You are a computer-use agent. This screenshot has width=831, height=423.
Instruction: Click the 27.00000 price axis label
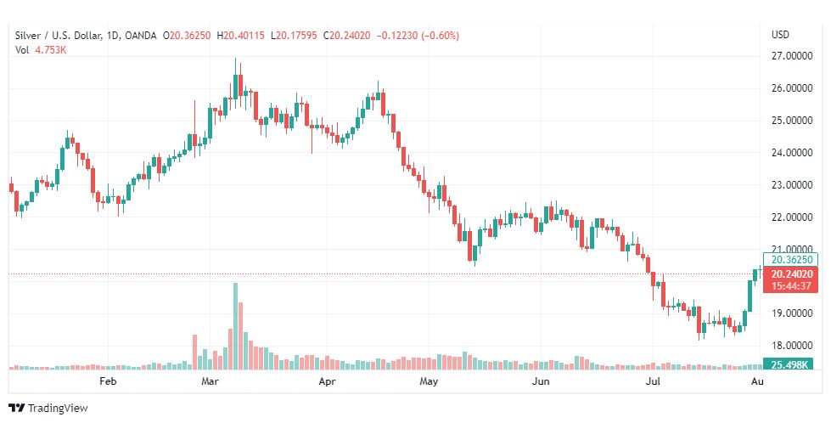791,57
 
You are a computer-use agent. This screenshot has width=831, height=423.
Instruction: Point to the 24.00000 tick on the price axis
791,153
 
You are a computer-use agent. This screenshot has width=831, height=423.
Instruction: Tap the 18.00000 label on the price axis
791,346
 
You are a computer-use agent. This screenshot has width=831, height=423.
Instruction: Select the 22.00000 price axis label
791,217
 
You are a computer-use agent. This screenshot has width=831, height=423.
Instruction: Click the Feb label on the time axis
107,382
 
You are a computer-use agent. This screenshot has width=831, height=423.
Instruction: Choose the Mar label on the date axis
210,382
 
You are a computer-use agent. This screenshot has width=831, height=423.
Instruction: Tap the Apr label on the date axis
327,382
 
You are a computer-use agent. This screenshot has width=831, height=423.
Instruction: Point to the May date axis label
429,382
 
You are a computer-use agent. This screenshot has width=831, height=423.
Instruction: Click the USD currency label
780,35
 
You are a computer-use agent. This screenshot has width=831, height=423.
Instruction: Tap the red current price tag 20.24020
793,274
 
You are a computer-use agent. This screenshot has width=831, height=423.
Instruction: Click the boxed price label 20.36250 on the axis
793,259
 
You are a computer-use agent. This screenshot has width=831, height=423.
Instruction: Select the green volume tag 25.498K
790,364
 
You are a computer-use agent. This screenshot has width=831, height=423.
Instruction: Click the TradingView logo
48,409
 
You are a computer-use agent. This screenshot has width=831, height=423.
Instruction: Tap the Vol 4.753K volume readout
41,50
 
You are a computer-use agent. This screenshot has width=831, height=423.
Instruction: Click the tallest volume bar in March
235,326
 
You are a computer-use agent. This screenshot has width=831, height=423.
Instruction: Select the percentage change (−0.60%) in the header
441,35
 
